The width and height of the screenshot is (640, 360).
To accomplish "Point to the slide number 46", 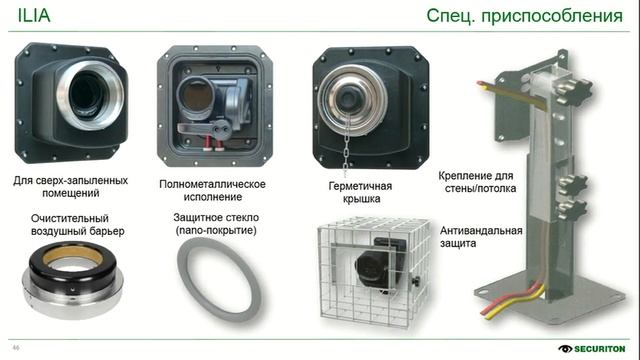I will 15,347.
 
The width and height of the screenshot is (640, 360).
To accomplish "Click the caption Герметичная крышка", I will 360,192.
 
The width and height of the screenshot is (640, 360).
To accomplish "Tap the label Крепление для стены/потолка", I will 479,183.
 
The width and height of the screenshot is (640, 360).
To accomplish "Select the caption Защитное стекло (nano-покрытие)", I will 214,224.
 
